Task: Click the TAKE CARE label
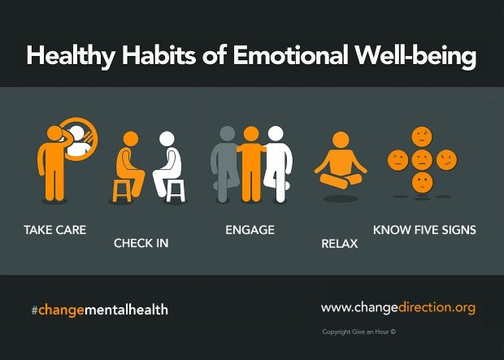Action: coord(55,230)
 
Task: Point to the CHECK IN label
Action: coord(141,243)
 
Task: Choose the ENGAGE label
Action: coord(250,230)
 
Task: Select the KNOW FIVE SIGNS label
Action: coord(424,230)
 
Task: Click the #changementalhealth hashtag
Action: coord(100,310)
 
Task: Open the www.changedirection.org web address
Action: coord(398,308)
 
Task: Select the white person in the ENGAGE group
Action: coord(276,163)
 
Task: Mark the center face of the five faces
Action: coord(421,158)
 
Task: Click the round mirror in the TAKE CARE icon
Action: coord(80,141)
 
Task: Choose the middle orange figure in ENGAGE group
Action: coord(250,163)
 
